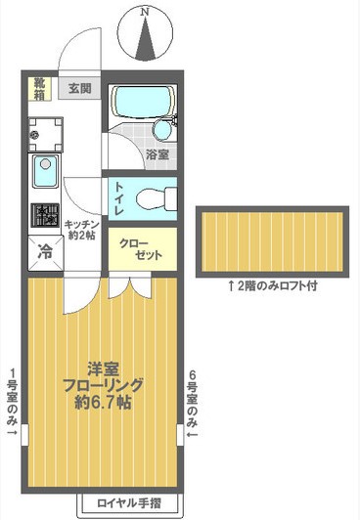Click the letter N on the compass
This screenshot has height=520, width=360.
pos(146,11)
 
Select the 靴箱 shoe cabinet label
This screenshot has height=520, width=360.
pos(39,88)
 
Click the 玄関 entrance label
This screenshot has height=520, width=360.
pos(80,89)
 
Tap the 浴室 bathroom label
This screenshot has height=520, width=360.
pos(157,154)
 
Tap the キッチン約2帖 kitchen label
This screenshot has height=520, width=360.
pos(81,230)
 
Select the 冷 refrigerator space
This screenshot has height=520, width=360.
pos(45,250)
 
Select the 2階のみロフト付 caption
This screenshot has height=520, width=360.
pos(272,287)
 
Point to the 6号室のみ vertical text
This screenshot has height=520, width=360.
pos(193,404)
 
